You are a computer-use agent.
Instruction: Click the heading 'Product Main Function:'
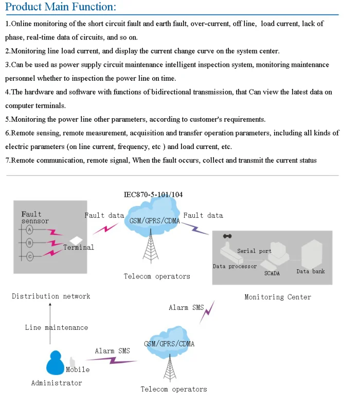(61, 7)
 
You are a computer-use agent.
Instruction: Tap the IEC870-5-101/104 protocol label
(153, 195)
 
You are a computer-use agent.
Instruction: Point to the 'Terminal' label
(79, 247)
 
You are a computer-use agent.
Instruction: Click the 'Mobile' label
(78, 369)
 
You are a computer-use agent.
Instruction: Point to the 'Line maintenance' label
(57, 327)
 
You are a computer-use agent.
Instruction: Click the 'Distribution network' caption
(51, 296)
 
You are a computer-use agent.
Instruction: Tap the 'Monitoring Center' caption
(278, 297)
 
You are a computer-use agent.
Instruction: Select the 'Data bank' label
(311, 271)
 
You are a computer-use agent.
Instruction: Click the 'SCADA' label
(272, 273)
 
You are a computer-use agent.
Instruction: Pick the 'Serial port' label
(254, 251)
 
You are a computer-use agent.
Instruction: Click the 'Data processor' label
(235, 266)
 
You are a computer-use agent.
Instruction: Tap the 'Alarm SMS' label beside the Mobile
(112, 351)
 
